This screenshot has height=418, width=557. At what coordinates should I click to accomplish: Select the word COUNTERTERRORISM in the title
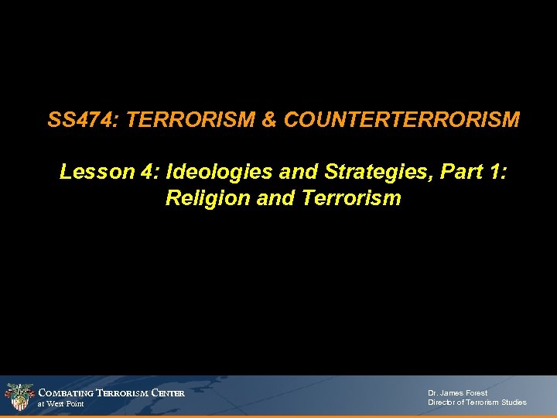click(402, 121)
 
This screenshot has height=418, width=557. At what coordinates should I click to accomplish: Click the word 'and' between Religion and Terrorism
click(275, 198)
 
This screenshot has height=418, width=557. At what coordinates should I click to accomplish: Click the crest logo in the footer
click(19, 397)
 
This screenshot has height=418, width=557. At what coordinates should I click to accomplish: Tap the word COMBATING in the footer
click(66, 393)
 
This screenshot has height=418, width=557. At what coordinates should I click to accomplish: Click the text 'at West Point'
click(61, 404)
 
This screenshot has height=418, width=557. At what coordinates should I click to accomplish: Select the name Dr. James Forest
click(458, 392)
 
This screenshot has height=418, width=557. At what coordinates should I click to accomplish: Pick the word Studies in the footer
click(513, 403)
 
